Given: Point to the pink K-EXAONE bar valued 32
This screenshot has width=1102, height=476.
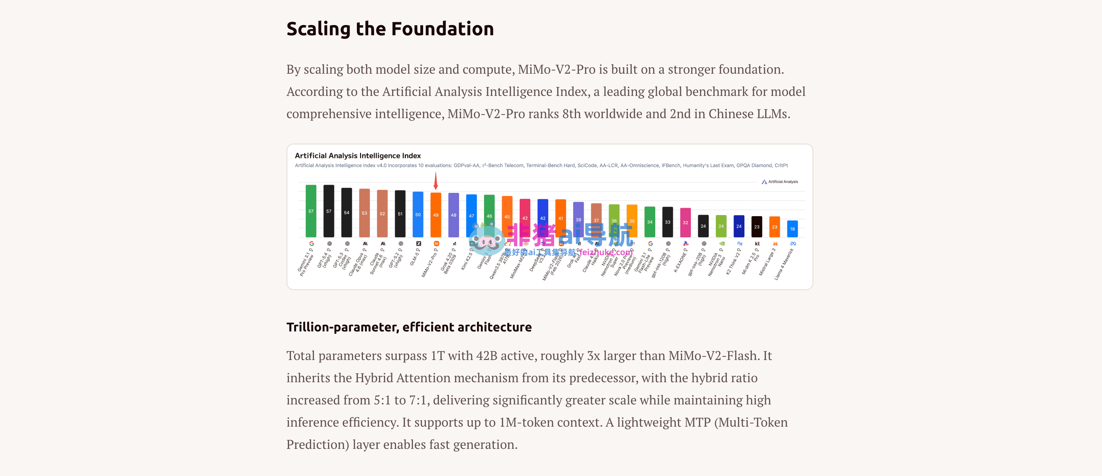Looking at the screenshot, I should [685, 222].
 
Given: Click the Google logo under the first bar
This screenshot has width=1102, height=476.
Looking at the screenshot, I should [311, 244].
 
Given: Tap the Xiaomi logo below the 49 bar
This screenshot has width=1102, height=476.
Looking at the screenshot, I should [437, 244].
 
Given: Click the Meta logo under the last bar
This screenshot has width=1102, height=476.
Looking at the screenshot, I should [793, 244].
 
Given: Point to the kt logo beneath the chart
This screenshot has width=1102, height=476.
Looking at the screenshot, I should [757, 244].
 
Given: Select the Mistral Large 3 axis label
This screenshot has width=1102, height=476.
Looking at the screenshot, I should [767, 262].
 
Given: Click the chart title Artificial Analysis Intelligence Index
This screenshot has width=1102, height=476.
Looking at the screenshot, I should [358, 156].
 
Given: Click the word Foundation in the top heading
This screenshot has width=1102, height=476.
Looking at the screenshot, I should [442, 29].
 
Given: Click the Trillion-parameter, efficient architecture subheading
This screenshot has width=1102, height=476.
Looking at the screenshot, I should [409, 327].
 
